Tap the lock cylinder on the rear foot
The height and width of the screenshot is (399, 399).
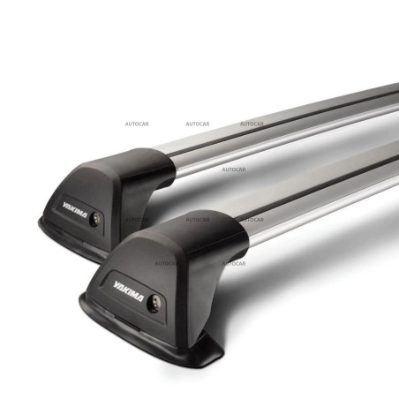point(94,220)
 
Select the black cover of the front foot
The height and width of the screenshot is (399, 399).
point(177,256)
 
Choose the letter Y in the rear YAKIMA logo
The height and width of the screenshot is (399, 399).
point(64,205)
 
